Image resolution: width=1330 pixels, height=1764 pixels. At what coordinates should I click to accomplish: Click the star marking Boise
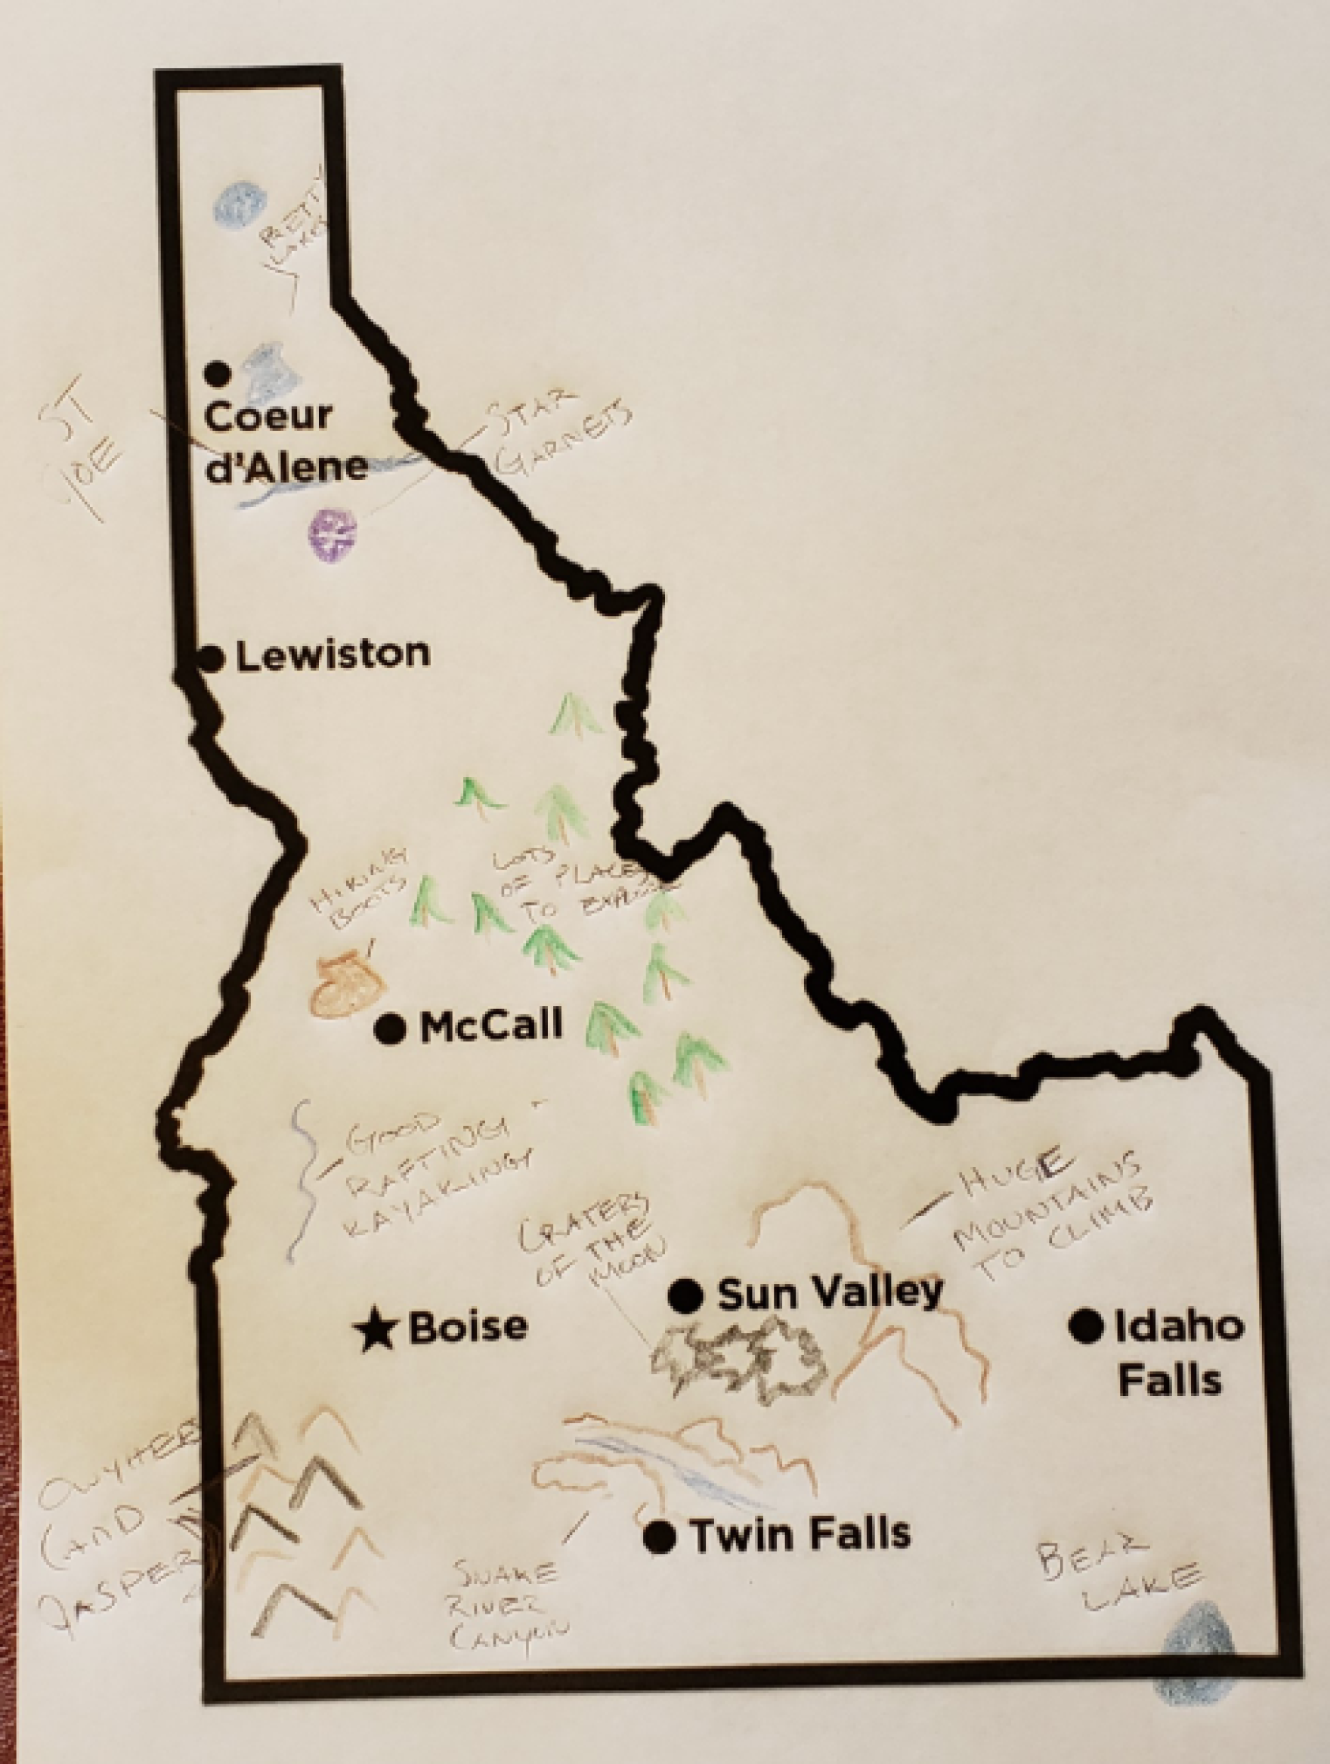click(375, 1329)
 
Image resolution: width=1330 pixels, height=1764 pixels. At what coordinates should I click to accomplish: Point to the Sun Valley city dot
click(685, 1296)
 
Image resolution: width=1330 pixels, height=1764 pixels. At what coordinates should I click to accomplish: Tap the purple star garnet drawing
click(332, 535)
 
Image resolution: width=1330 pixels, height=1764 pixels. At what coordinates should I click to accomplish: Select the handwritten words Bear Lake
click(1116, 1567)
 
